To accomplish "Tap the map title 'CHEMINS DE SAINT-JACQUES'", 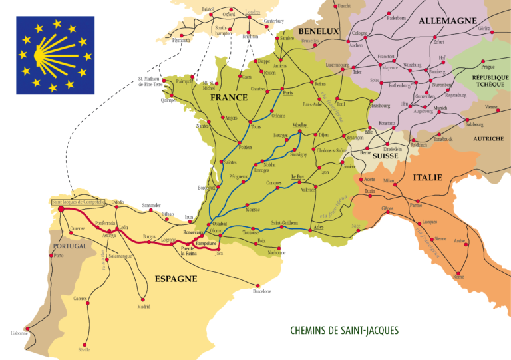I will [x=344, y=330].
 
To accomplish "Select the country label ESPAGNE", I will [x=176, y=279].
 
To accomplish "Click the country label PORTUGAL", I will [x=70, y=246].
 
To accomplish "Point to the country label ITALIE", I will [x=427, y=178].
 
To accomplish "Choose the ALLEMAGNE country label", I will [x=447, y=21].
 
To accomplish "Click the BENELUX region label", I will [x=319, y=31].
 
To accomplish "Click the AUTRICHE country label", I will [x=488, y=139].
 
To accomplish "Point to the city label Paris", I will [x=288, y=94].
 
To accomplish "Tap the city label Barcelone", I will [x=262, y=291].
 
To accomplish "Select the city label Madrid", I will [x=144, y=307].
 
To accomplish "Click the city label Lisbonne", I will [x=19, y=333].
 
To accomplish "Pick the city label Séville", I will [x=84, y=349].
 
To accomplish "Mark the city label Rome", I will [x=458, y=276].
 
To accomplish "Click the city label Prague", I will [x=488, y=67].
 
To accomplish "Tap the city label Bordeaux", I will [x=206, y=188].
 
